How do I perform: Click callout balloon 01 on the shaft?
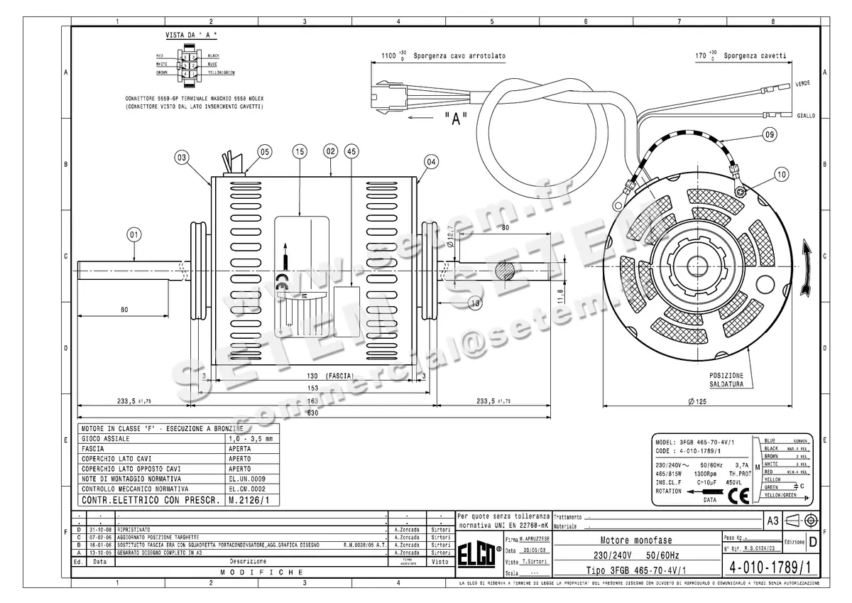(135, 233)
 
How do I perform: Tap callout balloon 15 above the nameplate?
(299, 151)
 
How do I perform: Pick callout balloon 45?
(350, 151)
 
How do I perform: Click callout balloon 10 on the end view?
(781, 174)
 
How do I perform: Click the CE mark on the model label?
(740, 495)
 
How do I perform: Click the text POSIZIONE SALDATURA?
(726, 379)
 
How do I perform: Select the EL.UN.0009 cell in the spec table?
(246, 479)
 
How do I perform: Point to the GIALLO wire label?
(806, 115)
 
